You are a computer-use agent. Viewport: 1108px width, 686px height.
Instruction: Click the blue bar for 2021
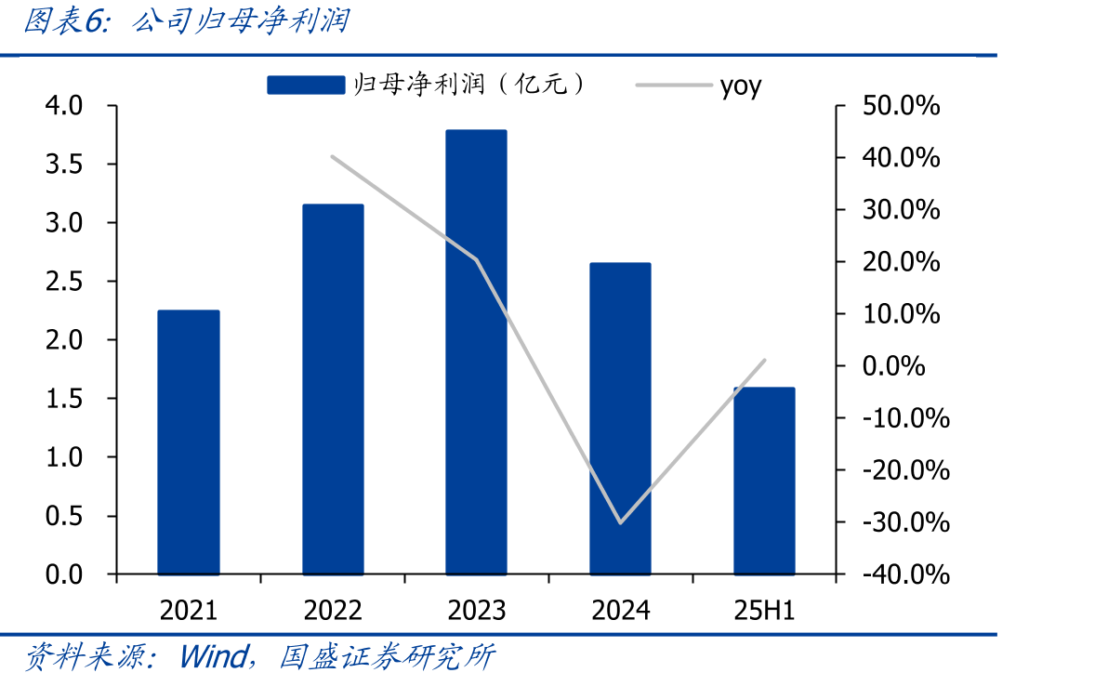[188, 442]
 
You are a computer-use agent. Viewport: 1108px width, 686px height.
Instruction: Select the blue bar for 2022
[333, 389]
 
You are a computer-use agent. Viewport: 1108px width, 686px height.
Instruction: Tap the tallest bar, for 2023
[476, 352]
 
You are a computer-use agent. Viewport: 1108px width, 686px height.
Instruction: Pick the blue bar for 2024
[620, 419]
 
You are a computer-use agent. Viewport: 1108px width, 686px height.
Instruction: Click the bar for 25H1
[765, 482]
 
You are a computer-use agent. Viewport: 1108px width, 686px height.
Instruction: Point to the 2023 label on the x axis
[476, 611]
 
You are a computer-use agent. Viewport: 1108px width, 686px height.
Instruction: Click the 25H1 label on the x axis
[765, 611]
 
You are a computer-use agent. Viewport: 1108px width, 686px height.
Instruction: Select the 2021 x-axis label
[188, 611]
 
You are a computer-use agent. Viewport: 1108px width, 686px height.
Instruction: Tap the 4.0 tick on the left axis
[64, 106]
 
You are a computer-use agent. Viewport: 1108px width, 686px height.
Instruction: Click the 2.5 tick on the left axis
[64, 281]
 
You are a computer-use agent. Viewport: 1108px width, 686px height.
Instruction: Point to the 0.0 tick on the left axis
[64, 574]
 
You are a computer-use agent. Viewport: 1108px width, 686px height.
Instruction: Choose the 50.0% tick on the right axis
[901, 106]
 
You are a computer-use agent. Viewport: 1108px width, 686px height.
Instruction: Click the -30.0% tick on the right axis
[906, 522]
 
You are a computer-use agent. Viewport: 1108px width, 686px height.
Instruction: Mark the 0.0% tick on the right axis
[894, 366]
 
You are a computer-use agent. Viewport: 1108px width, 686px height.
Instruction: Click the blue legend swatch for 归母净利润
[306, 85]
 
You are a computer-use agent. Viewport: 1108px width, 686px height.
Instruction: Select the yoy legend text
[741, 86]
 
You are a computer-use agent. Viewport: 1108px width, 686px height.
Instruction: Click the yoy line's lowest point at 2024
[620, 522]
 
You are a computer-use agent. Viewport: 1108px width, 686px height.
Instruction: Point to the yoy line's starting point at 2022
[332, 156]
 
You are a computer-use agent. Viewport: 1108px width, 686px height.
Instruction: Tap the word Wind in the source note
[213, 656]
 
